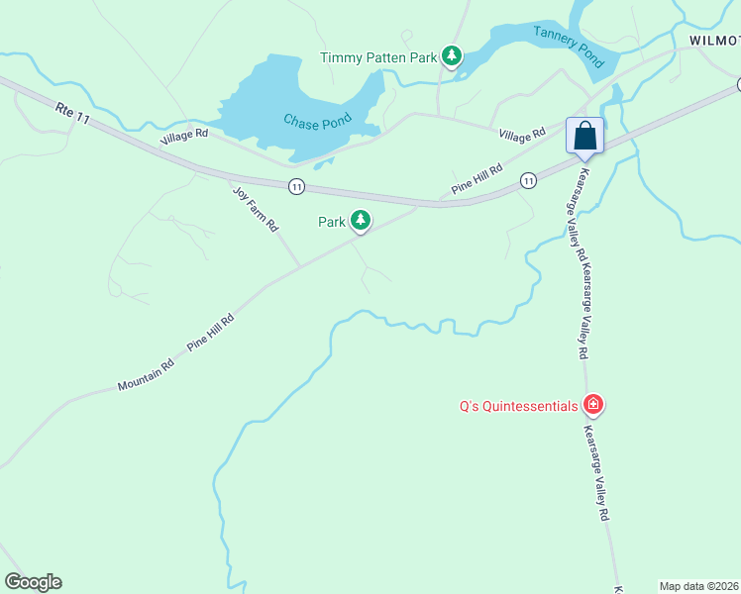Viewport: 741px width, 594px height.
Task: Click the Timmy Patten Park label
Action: (378, 57)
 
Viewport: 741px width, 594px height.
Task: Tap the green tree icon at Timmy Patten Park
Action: (452, 56)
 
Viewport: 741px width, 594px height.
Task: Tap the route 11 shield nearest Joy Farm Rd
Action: (295, 185)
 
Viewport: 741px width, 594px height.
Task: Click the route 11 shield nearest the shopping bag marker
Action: (528, 180)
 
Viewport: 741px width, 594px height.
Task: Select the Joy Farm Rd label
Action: (255, 209)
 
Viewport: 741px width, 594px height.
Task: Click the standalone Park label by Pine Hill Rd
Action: (331, 222)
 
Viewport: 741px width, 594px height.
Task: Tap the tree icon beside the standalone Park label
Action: (362, 221)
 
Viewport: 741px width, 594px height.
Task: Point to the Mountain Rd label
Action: (146, 375)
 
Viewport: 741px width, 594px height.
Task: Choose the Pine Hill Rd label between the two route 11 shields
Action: (476, 177)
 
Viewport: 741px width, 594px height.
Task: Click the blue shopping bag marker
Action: (584, 136)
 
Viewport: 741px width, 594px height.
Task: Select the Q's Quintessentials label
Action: (518, 405)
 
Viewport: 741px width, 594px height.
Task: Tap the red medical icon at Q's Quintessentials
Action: (593, 404)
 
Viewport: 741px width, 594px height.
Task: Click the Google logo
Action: (33, 582)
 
